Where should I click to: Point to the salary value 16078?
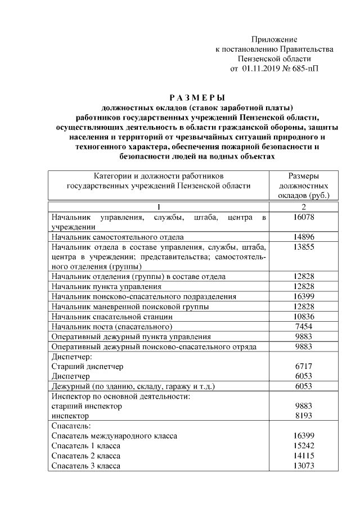point(304,217)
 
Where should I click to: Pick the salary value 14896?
point(304,237)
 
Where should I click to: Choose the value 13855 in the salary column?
point(304,246)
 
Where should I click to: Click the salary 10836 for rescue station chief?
point(304,317)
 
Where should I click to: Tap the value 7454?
point(304,327)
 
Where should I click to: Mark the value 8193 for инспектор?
point(304,416)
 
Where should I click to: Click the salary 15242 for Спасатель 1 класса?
point(304,446)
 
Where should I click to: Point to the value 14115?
point(304,456)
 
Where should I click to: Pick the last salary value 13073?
point(304,466)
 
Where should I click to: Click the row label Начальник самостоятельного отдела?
point(117,237)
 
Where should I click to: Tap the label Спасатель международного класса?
point(114,436)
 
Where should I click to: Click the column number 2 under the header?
point(304,207)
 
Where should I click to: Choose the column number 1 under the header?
point(159,207)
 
